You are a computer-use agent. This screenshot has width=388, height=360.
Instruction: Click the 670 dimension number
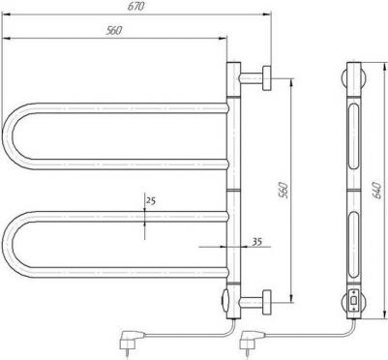point(135,7)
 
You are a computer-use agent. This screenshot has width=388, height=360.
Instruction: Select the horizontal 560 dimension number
point(114,30)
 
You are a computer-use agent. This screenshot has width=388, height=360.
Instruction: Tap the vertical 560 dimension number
point(283,191)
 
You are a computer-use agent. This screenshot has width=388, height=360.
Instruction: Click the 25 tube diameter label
point(151,200)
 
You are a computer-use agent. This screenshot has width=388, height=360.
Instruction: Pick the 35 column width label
point(256,241)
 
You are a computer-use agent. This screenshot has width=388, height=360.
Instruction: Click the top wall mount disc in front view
point(267,78)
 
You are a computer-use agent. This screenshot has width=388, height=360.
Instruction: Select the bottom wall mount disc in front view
point(267,302)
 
